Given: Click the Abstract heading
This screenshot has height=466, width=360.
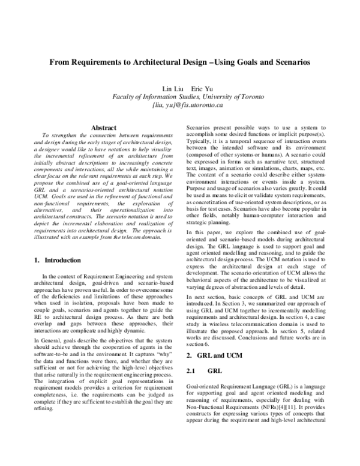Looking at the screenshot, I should coord(103,127).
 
